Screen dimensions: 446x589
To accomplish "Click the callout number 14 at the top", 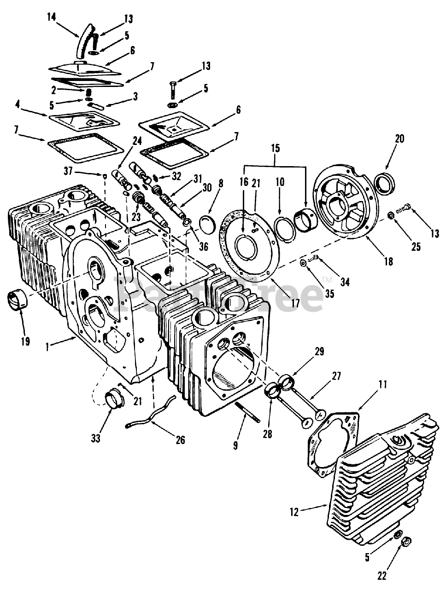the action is (51, 17).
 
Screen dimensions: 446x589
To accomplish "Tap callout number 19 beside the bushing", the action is (26, 341).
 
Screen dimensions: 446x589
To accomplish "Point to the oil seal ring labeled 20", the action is (385, 183).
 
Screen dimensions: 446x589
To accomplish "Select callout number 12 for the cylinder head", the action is (294, 512).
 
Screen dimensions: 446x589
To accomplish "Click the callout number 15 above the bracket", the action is (276, 148).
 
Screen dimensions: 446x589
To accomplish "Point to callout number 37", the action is (69, 171).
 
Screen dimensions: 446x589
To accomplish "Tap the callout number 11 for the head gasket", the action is (383, 384).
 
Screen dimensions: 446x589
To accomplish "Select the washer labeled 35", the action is (303, 263).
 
